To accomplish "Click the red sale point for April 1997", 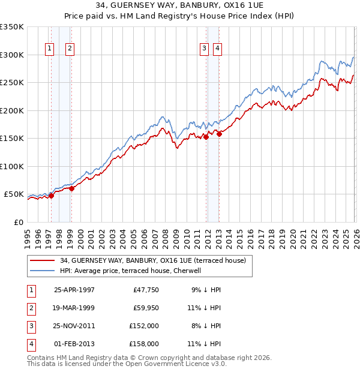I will coord(52,195).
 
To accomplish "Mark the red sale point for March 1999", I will coord(71,188).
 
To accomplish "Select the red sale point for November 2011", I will coord(206,137).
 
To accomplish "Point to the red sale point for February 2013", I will coord(219,134).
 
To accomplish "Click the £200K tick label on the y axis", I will coord(11,110).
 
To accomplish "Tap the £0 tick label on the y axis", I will coord(18,222).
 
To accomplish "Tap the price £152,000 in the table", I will coord(145,326).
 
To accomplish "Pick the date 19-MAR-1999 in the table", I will coord(74,308).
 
